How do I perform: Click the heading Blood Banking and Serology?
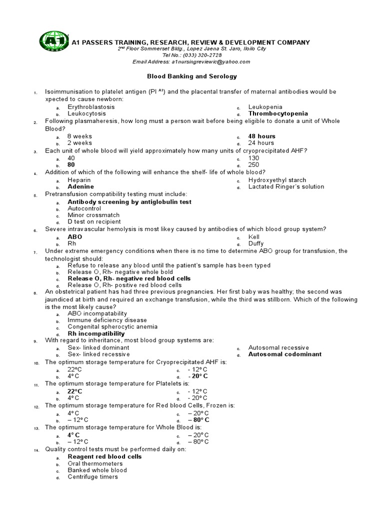pos(191,76)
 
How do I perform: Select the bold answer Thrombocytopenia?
pos(278,113)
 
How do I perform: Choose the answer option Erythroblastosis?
pos(91,107)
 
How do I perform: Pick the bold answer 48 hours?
pos(262,136)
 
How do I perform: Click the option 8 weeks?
pos(80,136)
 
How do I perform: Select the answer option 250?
pos(254,164)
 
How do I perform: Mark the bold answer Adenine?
pos(81,186)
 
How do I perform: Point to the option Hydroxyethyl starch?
pos(277,180)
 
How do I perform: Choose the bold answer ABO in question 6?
pos(75,237)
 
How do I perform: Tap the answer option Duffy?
pos(256,243)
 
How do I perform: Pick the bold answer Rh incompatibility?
pos(96,333)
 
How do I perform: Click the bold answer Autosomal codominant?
pos(285,354)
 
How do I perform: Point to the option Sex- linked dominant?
pos(98,347)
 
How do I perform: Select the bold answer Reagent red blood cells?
pos(104,456)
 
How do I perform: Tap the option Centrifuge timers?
pos(93,476)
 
